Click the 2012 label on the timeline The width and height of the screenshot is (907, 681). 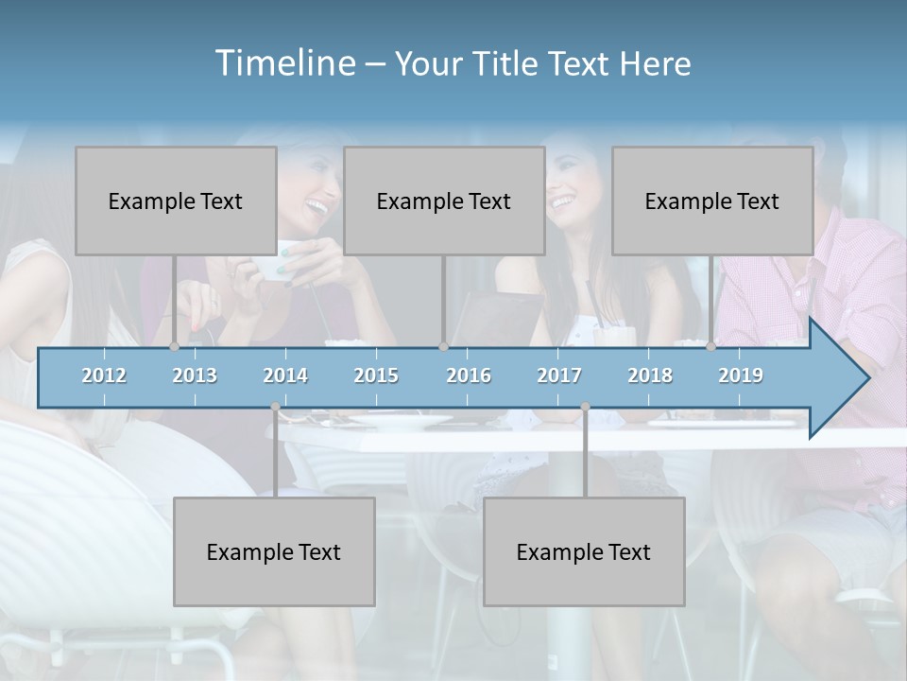(x=104, y=375)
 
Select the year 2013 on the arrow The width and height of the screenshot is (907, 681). (x=195, y=375)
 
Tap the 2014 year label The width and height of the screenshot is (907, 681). (x=285, y=375)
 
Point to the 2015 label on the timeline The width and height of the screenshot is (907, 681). (x=376, y=375)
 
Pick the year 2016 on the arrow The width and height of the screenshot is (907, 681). (x=469, y=375)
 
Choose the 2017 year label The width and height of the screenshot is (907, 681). (x=559, y=375)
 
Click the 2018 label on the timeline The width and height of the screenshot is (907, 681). (x=650, y=375)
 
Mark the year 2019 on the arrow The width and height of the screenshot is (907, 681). (x=741, y=375)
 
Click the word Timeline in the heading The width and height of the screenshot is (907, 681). (x=282, y=63)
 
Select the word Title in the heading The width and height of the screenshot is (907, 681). (x=508, y=64)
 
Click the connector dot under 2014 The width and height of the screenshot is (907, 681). (x=275, y=407)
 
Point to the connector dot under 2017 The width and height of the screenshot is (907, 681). (x=585, y=407)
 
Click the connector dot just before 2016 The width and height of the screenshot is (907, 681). (x=443, y=346)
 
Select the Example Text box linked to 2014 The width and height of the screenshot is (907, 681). (x=274, y=551)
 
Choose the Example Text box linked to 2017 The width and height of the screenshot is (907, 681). (x=584, y=551)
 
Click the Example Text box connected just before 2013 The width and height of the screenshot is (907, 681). (x=176, y=201)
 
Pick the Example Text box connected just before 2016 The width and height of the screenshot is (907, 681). (x=444, y=201)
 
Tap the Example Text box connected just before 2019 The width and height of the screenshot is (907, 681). (x=712, y=201)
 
